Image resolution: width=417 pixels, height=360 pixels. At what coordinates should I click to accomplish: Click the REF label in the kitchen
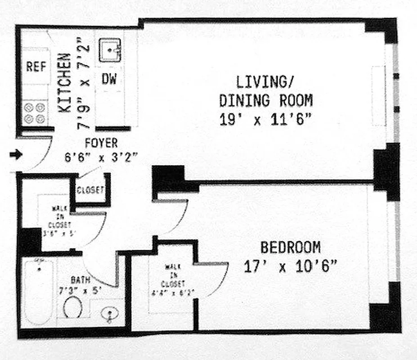click(36, 67)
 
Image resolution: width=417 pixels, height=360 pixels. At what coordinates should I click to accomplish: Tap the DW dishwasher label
click(108, 79)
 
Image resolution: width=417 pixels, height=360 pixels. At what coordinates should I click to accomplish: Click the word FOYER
click(101, 144)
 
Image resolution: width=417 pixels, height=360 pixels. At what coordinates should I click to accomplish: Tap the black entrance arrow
click(16, 155)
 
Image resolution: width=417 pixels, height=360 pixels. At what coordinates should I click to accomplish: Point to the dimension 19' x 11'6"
click(266, 120)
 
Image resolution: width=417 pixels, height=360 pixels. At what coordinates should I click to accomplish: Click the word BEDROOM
click(291, 247)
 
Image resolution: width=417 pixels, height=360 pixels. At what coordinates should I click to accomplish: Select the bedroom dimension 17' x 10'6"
click(291, 267)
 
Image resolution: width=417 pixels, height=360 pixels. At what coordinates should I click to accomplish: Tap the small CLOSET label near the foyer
click(90, 190)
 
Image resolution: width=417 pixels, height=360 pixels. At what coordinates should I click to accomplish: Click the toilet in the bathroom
click(72, 309)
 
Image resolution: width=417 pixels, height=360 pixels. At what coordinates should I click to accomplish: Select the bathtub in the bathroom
click(39, 292)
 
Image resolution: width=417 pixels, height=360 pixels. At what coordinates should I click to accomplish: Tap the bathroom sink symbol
click(108, 314)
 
